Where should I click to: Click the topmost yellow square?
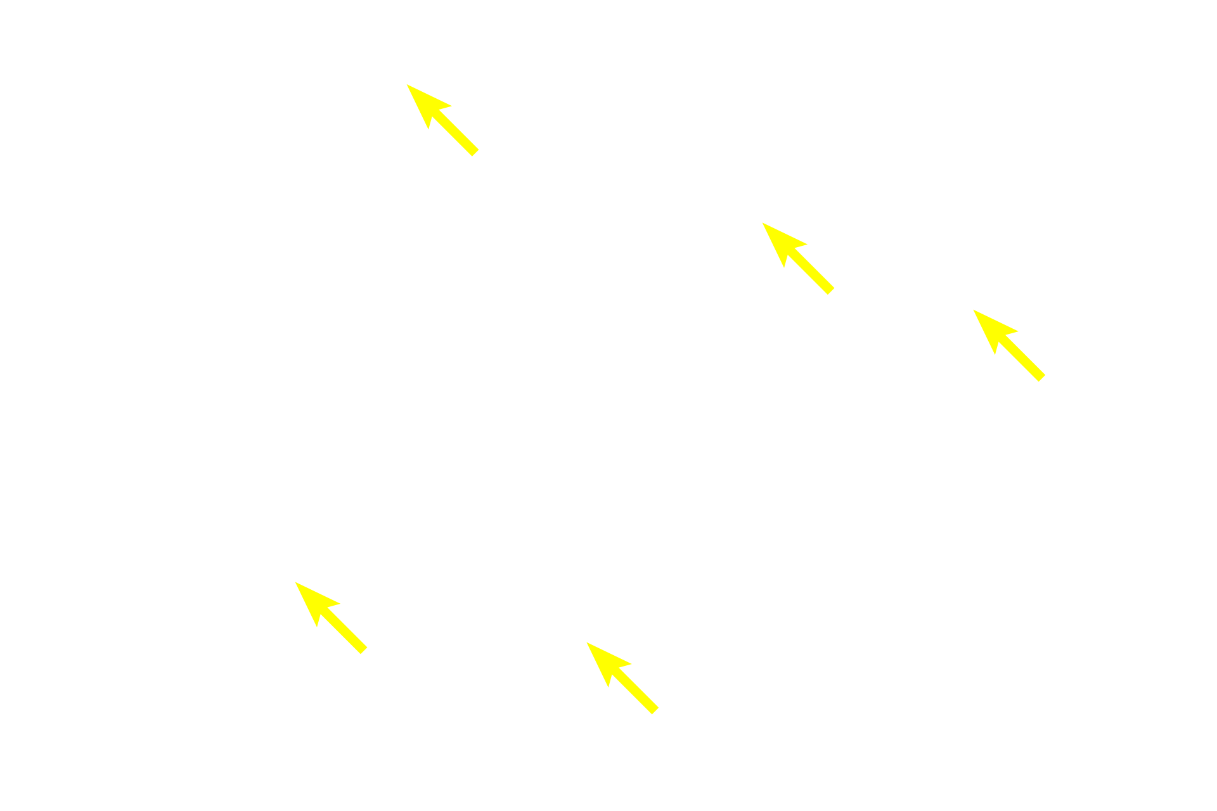(x=442, y=120)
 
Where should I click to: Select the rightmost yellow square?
(x=1008, y=345)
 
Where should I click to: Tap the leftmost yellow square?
(x=332, y=618)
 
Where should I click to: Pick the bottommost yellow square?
(x=622, y=678)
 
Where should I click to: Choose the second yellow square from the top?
(x=798, y=259)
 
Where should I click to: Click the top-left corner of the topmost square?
(x=406, y=84)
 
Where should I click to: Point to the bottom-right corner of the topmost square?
(x=480, y=156)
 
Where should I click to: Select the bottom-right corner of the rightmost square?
(x=1045, y=382)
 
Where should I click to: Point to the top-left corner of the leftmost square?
(x=295, y=582)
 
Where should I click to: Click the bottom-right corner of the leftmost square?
(x=368, y=655)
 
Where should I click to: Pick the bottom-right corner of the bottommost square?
(x=660, y=714)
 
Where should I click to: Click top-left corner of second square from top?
(x=761, y=222)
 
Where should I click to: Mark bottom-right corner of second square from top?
(x=835, y=295)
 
